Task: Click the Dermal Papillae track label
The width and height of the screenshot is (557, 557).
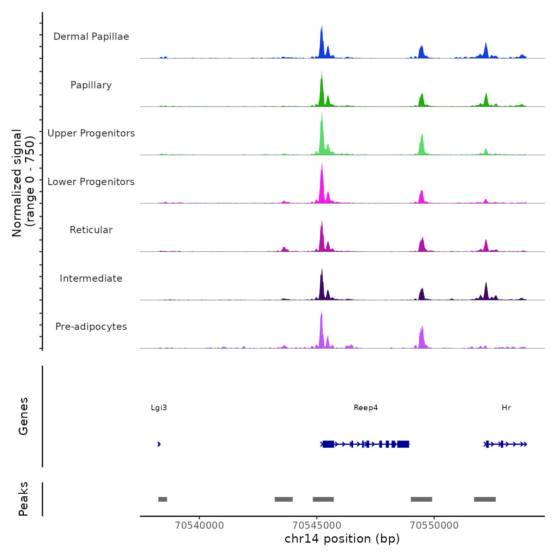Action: tap(91, 37)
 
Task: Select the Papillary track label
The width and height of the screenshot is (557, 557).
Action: tap(91, 85)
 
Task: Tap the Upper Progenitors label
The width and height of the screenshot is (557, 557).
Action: tap(91, 133)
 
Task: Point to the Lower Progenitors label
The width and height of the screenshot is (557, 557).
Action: tap(91, 182)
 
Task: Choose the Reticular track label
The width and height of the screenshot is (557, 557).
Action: tap(91, 230)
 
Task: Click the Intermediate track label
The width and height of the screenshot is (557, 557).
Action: tap(91, 278)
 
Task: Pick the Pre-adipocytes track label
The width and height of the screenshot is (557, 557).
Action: tap(91, 327)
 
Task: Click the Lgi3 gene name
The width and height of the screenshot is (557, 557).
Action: tap(159, 408)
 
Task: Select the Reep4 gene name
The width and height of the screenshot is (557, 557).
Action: tap(366, 408)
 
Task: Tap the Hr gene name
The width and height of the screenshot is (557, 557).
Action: tap(506, 408)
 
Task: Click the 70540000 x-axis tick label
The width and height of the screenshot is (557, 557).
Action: tap(199, 526)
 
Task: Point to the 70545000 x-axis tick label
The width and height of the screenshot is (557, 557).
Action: tap(317, 526)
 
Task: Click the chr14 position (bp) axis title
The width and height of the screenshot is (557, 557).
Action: tap(342, 539)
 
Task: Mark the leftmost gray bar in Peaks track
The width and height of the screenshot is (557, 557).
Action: tap(163, 499)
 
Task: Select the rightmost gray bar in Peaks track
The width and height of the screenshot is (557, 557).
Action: tap(485, 499)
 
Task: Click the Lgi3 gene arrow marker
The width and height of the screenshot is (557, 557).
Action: tap(159, 444)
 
